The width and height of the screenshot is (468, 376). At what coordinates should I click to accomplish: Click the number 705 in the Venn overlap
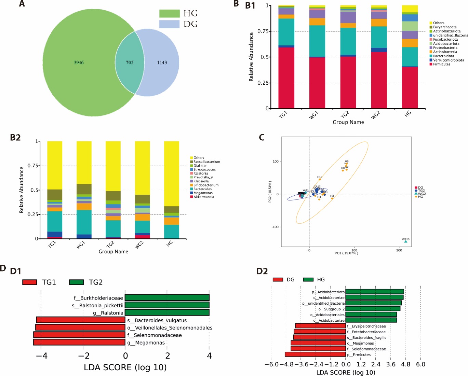click(x=130, y=62)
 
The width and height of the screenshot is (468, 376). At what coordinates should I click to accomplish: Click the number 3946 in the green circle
click(x=79, y=62)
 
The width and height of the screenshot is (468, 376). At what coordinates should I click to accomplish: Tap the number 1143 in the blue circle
click(x=162, y=62)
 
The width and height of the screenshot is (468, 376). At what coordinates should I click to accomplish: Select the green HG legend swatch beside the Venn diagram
click(x=169, y=13)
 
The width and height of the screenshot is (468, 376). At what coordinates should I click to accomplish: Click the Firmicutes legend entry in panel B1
click(x=442, y=64)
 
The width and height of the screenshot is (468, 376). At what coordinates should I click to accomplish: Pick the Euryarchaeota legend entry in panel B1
click(x=445, y=27)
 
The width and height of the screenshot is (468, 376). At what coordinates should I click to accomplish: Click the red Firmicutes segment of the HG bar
click(x=410, y=87)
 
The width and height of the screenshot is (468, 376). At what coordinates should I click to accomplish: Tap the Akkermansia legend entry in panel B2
click(x=204, y=197)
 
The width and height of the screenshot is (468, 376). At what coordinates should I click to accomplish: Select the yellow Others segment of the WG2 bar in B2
click(x=142, y=168)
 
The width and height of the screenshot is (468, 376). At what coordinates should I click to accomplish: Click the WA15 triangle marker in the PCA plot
click(x=406, y=241)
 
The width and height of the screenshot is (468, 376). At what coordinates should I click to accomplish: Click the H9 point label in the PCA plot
click(x=347, y=162)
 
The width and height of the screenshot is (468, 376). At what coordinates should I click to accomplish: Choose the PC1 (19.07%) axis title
click(x=346, y=253)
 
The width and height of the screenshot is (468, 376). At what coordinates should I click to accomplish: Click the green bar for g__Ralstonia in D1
click(x=167, y=313)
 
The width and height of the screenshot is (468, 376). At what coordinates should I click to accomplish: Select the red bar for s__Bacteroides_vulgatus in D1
click(x=81, y=320)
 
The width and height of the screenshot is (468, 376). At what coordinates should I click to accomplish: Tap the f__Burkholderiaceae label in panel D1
click(x=98, y=298)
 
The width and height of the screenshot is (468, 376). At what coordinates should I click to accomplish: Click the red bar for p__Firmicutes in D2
click(x=315, y=354)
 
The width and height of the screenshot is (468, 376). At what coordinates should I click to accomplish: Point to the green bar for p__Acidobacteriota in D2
click(x=375, y=292)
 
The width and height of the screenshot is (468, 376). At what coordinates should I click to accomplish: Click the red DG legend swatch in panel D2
click(x=278, y=280)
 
